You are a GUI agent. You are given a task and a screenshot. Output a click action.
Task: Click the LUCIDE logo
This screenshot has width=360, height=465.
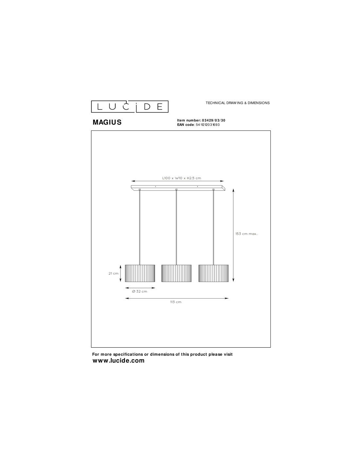130,106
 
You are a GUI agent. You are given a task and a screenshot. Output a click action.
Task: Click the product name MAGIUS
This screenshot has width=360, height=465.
107,122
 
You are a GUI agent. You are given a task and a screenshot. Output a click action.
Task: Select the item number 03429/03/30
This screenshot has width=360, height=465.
213,120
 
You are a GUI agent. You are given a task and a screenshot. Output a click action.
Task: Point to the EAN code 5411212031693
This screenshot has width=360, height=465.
207,125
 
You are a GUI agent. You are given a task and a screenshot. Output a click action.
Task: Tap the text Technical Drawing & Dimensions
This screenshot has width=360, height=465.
238,103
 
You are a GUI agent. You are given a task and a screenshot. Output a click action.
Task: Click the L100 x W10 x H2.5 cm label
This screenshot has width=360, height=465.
181,178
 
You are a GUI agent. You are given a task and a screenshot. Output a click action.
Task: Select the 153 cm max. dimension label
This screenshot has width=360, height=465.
246,234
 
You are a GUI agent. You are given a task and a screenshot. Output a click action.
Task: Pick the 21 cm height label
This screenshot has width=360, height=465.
113,273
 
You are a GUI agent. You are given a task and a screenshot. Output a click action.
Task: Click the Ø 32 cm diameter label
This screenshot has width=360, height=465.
140,291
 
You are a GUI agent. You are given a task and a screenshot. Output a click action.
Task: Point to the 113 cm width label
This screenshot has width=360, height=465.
176,302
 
